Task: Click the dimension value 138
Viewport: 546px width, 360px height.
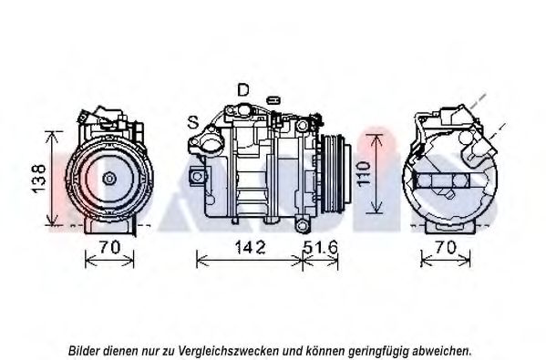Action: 38,179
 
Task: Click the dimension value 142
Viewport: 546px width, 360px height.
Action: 250,247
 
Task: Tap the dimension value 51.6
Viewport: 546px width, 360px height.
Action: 320,247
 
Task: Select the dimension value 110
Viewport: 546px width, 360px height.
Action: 363,174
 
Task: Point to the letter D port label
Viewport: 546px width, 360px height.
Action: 243,90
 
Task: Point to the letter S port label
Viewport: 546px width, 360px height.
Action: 193,122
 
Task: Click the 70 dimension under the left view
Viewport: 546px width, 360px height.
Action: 109,247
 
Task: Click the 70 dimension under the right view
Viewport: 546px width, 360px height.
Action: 446,248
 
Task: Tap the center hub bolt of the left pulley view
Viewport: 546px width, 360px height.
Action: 109,179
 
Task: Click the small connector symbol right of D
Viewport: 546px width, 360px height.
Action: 273,100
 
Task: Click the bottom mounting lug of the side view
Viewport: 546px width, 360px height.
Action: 303,226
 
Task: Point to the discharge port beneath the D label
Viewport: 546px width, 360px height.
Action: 243,110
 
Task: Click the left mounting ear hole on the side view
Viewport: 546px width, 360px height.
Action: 197,176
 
